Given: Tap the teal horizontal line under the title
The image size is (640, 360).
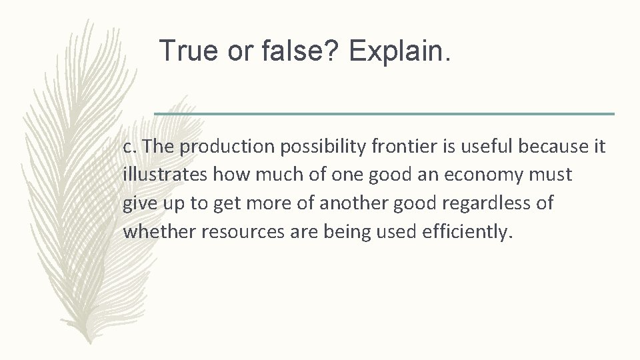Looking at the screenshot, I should (385, 114).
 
